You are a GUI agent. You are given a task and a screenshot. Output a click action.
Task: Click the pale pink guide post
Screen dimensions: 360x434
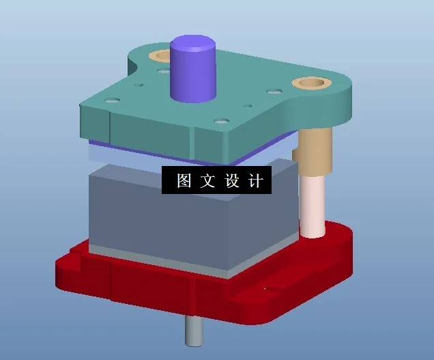click(x=313, y=205)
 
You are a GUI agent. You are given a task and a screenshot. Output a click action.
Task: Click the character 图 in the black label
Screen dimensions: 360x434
click(x=184, y=181)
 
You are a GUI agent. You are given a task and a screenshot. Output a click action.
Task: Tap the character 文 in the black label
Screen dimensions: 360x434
click(x=207, y=181)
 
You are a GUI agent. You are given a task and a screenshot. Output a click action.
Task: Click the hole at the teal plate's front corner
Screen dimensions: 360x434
click(x=220, y=122)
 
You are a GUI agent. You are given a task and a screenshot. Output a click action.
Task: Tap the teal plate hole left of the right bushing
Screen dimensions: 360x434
click(x=274, y=91)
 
